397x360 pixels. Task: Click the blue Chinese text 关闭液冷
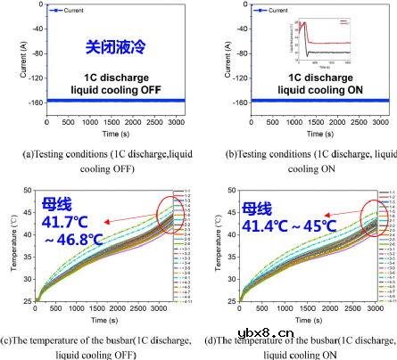tap(110, 45)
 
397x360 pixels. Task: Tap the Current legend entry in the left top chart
tap(62, 11)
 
